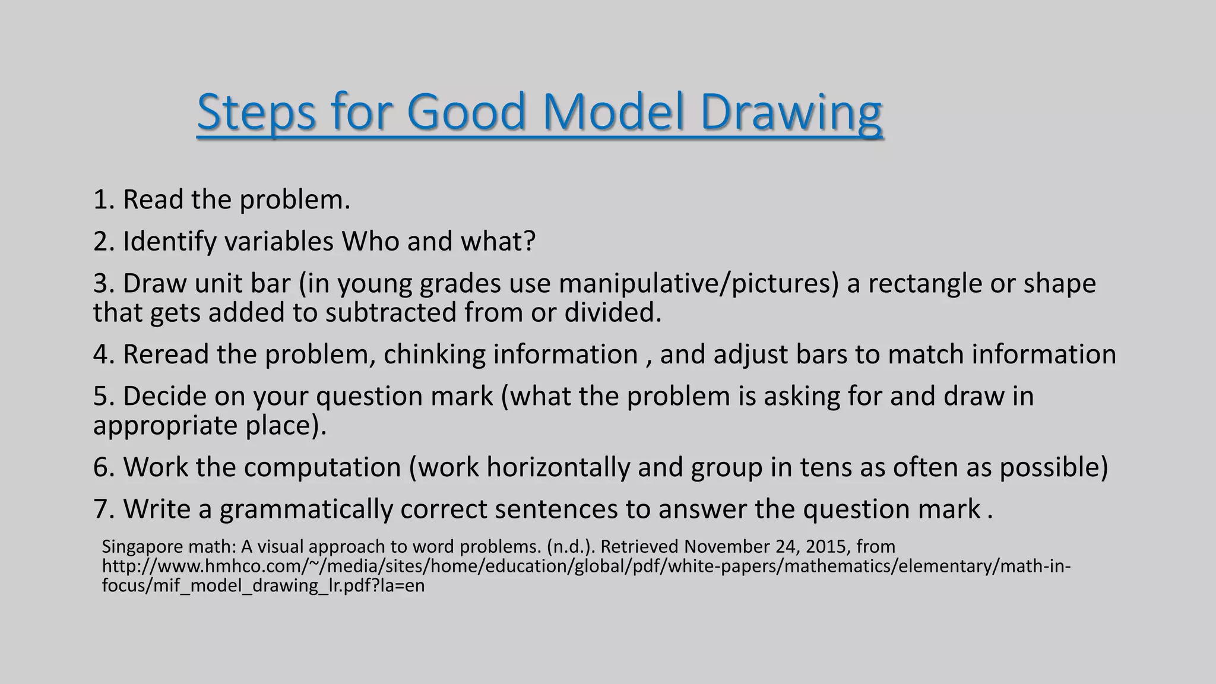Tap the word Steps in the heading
click(x=256, y=112)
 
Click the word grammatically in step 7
click(x=305, y=509)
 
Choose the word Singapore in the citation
click(x=138, y=546)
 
